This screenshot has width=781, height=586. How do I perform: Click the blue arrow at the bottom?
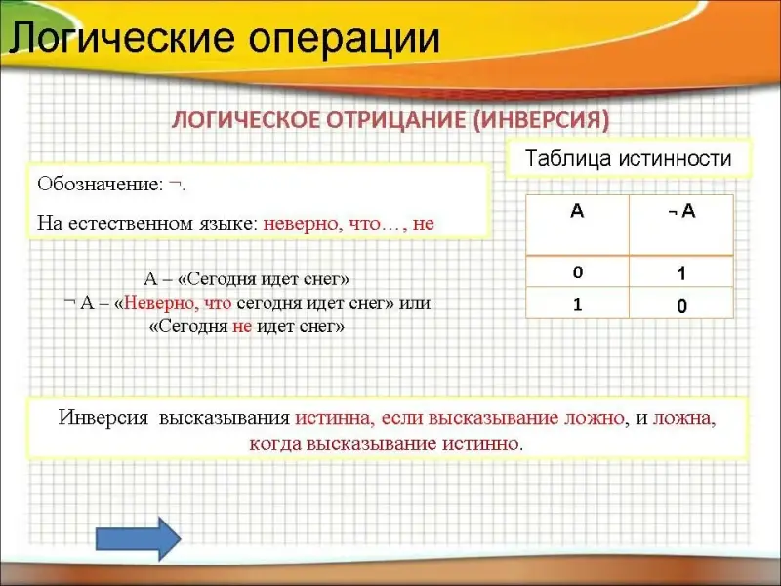point(138,539)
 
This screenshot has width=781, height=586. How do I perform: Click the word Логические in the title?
point(122,38)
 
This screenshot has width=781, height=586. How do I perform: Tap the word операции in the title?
point(345,39)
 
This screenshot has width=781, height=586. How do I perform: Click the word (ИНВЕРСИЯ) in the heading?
point(541,120)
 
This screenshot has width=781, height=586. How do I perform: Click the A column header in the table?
point(577,226)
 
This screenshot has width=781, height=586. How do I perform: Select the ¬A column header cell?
point(681,226)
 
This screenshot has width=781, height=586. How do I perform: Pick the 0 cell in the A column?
point(577,272)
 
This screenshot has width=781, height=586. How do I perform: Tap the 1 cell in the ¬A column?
point(681,272)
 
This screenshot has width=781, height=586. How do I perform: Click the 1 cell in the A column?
point(577,303)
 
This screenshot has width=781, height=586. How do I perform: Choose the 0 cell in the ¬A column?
point(681,303)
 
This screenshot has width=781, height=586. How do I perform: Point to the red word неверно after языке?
point(301,224)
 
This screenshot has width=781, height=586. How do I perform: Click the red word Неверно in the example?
point(159,303)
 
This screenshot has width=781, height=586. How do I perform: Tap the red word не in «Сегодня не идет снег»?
point(242,326)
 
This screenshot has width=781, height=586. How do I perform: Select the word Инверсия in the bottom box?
point(103,418)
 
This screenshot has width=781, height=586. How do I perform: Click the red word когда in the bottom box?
point(275,443)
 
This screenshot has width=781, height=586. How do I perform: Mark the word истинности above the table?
point(675,158)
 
